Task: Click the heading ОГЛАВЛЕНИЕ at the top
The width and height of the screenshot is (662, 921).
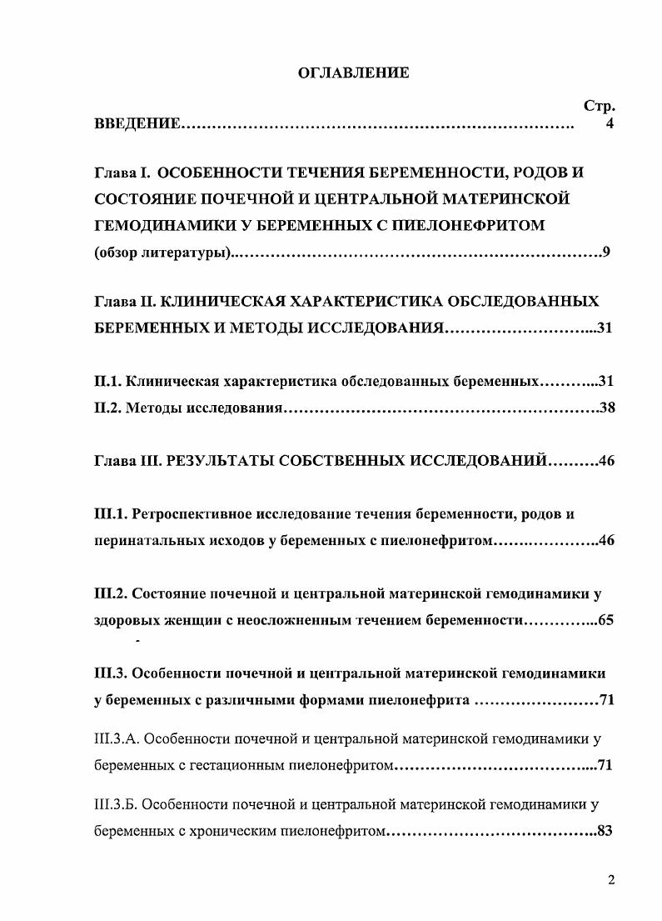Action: [353, 73]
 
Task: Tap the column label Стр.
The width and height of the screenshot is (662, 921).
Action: [599, 107]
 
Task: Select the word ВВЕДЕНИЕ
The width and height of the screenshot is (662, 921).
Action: [137, 125]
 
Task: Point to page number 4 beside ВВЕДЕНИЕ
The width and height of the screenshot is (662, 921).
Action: [610, 125]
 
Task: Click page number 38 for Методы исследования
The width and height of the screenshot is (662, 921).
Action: [606, 408]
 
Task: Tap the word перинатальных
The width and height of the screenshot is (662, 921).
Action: [145, 540]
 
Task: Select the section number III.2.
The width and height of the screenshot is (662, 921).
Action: [111, 593]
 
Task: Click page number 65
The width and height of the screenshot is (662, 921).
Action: [605, 620]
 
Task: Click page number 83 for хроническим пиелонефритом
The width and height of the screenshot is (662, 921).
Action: [605, 830]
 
